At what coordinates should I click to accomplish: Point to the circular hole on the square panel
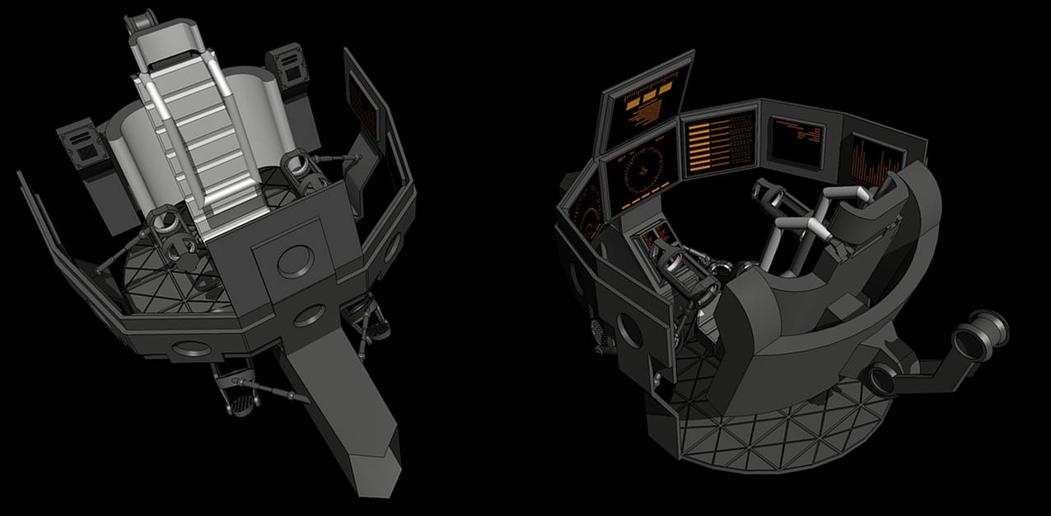[x=294, y=260]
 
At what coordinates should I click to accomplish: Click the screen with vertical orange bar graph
[x=876, y=162]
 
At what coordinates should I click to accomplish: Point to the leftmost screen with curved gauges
[x=588, y=212]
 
